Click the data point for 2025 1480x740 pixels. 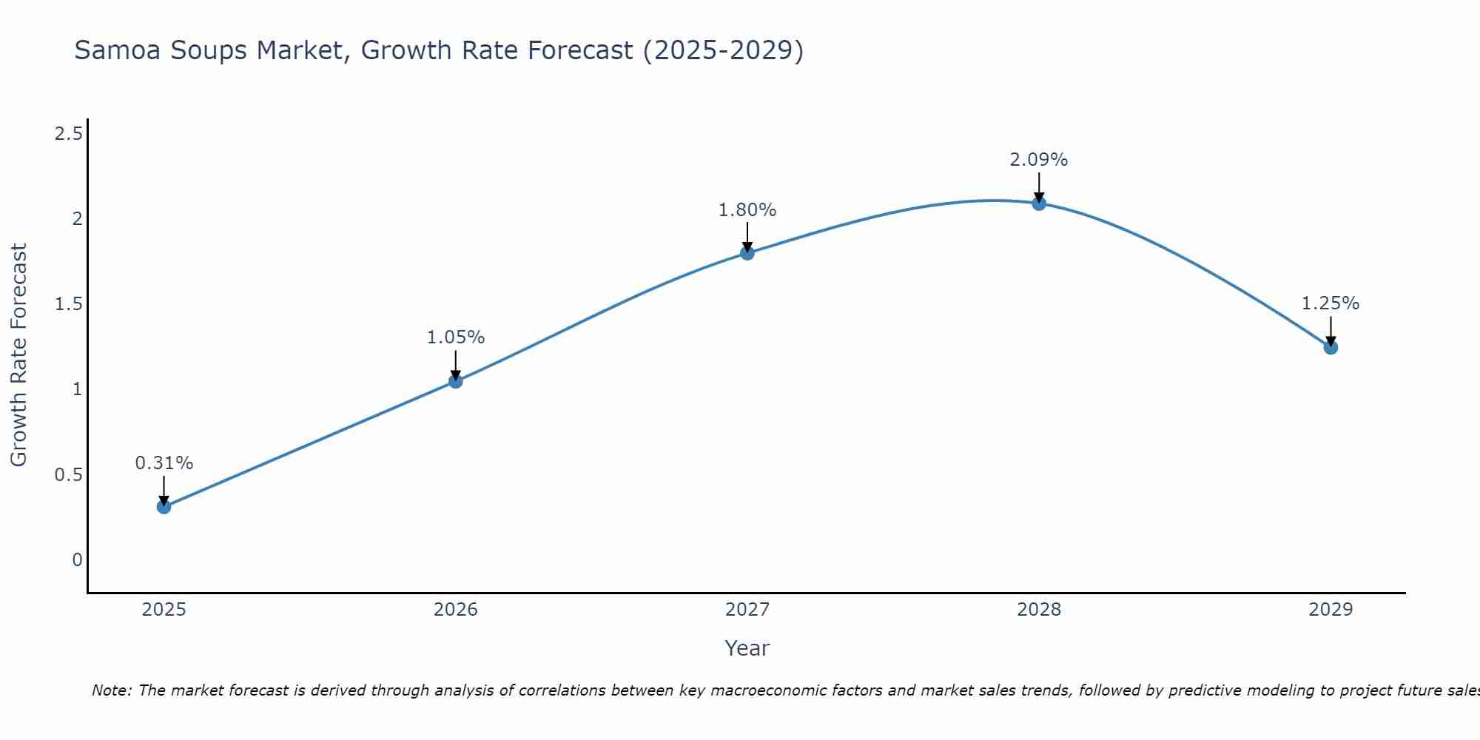tap(164, 507)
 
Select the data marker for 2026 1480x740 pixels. tap(456, 381)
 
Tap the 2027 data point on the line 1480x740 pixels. tap(747, 253)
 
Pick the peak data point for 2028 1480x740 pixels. tap(1039, 203)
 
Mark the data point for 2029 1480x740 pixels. tap(1331, 347)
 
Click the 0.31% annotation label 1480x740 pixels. tap(164, 463)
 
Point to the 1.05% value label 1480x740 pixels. tap(456, 337)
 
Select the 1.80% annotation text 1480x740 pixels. tap(747, 210)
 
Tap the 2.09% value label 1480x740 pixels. tap(1039, 160)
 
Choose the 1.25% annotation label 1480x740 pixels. tap(1331, 303)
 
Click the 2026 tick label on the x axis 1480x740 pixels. tap(456, 610)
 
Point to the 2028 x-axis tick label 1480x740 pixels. tap(1039, 610)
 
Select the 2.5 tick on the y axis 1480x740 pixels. tap(68, 134)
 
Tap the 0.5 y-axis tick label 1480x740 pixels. tap(68, 475)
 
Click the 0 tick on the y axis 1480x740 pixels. tap(77, 560)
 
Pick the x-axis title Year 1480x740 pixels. tap(747, 648)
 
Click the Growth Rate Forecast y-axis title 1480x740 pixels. tap(18, 355)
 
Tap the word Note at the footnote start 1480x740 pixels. tap(111, 690)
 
